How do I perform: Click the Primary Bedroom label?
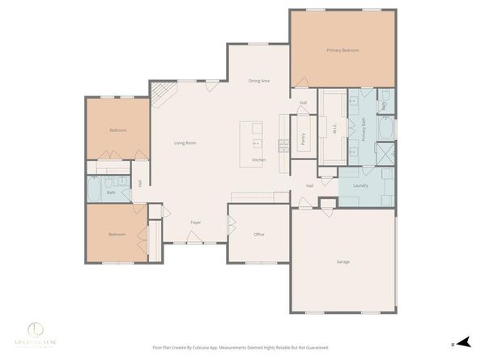pos(343,51)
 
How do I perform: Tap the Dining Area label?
pos(258,82)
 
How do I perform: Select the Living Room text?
pos(185,143)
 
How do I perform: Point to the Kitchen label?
pos(258,160)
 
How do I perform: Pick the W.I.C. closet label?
pos(333,128)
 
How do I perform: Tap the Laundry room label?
pos(360,186)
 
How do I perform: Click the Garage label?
pos(343,261)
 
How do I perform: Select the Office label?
pos(259,235)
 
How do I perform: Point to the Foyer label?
pos(195,222)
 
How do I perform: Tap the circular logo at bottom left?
pos(36,328)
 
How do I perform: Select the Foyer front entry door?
pos(194,240)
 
